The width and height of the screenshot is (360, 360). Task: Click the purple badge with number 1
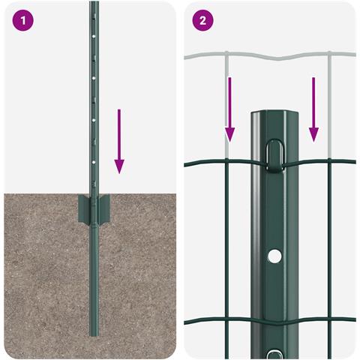coord(22,20)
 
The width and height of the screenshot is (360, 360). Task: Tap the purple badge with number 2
coord(202,20)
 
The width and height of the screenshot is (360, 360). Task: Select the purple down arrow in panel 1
coord(119,141)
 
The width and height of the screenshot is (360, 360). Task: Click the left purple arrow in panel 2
coord(229,109)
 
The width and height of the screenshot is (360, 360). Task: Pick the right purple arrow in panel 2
coord(313,109)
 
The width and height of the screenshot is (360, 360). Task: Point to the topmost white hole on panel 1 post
coord(94,36)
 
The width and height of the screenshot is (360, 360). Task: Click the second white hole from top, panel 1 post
coord(94,78)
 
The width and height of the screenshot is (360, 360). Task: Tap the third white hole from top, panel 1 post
coord(94,120)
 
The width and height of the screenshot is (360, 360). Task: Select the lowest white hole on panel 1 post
coord(94,162)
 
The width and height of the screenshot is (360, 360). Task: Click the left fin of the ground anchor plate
coord(84,208)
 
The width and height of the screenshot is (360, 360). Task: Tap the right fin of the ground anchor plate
coord(104,208)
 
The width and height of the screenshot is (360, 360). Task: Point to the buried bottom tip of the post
coord(94,335)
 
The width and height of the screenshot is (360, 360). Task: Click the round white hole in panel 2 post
coord(274,256)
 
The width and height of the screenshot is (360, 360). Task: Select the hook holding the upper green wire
coord(275,156)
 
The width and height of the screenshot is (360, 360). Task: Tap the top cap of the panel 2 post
coord(274,112)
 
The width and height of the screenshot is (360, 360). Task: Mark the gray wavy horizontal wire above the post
coord(270,56)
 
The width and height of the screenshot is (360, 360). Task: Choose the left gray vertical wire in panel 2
coord(226,104)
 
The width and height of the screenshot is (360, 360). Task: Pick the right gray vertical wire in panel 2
coord(329,104)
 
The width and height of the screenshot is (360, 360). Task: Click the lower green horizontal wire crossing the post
coord(270,321)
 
